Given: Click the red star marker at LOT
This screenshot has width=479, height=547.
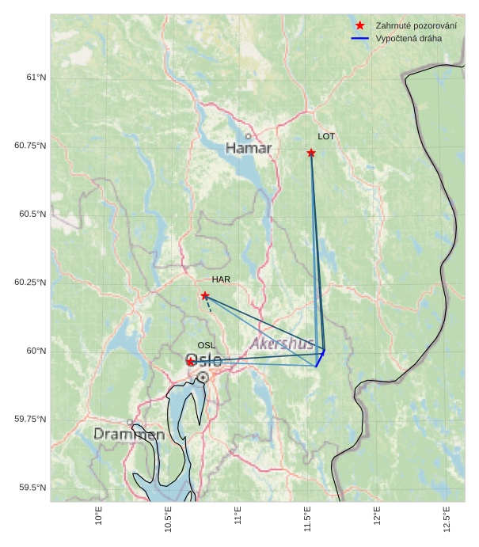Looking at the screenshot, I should click(311, 153).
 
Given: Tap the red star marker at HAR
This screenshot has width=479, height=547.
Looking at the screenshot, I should click(205, 295).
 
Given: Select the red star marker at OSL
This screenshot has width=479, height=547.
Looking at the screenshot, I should click(191, 361).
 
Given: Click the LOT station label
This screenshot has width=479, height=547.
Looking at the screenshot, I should click(326, 136).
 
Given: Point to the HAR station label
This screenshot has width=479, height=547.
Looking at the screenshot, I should click(221, 279).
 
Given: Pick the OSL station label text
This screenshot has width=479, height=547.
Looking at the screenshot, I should click(206, 345).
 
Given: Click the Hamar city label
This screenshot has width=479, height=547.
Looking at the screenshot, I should click(249, 148).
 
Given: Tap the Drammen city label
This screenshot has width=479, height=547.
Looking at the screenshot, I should click(129, 435).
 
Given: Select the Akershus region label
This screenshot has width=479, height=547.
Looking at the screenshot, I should click(282, 344).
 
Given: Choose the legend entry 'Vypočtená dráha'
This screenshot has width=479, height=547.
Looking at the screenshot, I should click(409, 38).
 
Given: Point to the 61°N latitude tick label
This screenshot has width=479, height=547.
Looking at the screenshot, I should click(36, 78).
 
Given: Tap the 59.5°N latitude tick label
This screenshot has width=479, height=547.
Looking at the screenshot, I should click(32, 488).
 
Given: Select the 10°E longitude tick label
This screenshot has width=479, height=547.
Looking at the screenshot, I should click(99, 519).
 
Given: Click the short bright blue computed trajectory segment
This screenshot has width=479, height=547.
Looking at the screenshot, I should click(320, 358).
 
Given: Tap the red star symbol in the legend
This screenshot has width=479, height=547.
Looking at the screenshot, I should click(360, 25).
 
